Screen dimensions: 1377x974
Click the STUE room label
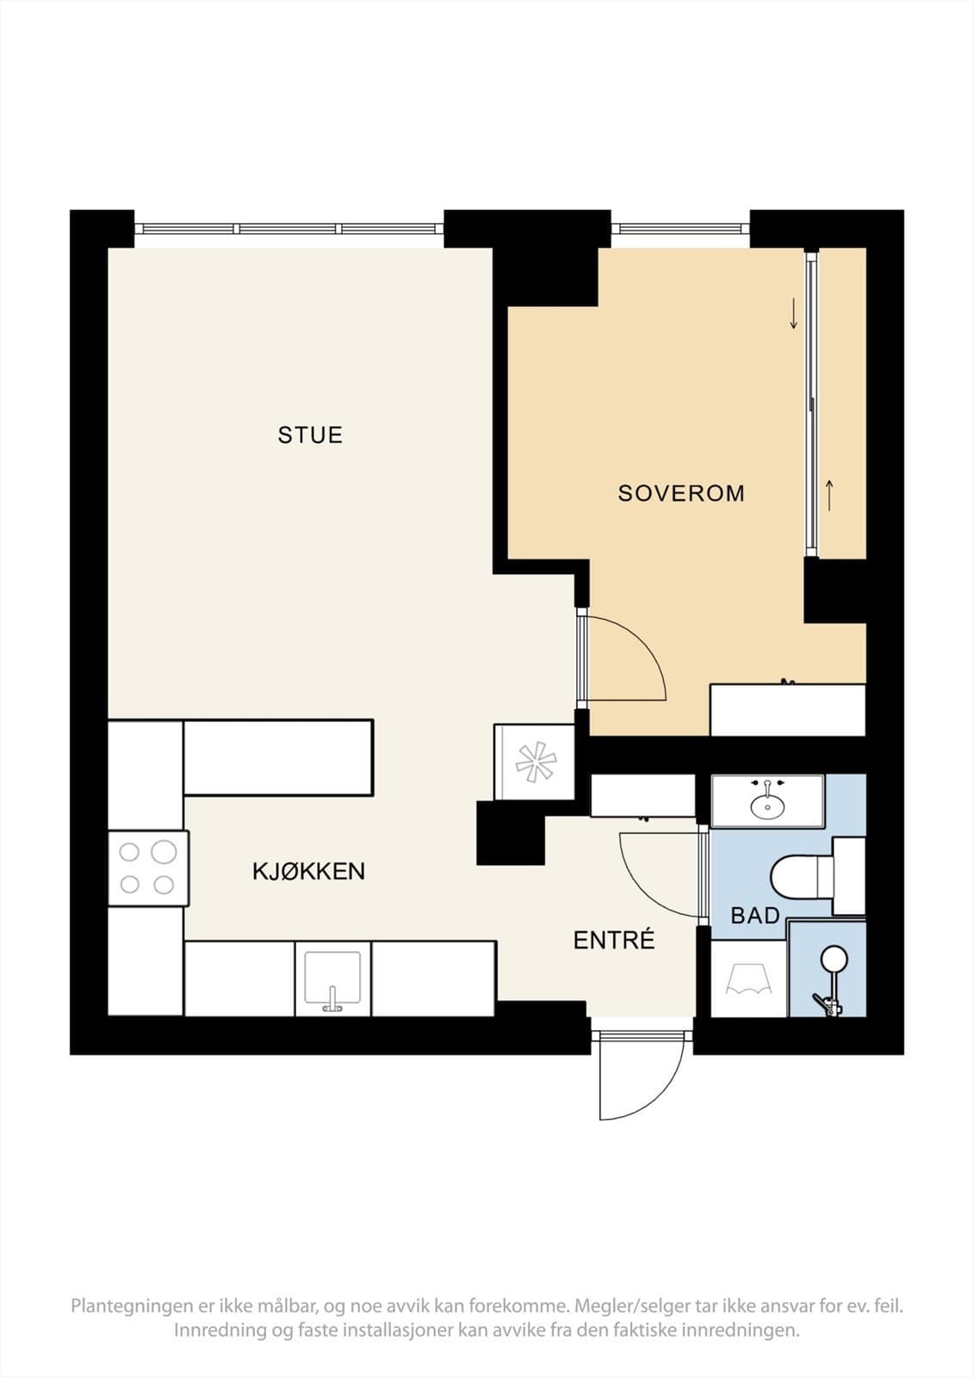click(x=310, y=435)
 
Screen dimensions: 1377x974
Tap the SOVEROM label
click(x=680, y=493)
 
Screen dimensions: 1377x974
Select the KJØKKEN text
click(x=308, y=871)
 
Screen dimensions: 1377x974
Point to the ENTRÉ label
click(x=614, y=941)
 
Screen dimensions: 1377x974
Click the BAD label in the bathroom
click(x=754, y=916)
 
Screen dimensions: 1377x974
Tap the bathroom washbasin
click(x=766, y=803)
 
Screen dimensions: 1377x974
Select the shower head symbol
click(x=833, y=958)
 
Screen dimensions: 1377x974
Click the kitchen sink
click(x=332, y=979)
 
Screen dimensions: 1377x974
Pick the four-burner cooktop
click(x=147, y=868)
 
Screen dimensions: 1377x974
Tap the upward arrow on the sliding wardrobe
click(x=830, y=495)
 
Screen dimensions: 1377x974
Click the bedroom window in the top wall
click(x=680, y=229)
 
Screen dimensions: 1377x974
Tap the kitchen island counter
click(x=277, y=757)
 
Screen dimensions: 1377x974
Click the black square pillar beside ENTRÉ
click(x=511, y=833)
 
